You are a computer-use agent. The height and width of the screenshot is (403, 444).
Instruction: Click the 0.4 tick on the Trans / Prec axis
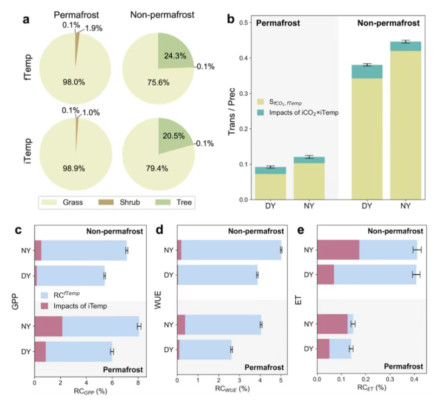[x=246, y=58]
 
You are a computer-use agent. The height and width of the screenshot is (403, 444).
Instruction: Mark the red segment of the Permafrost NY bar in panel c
[x=48, y=326]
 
